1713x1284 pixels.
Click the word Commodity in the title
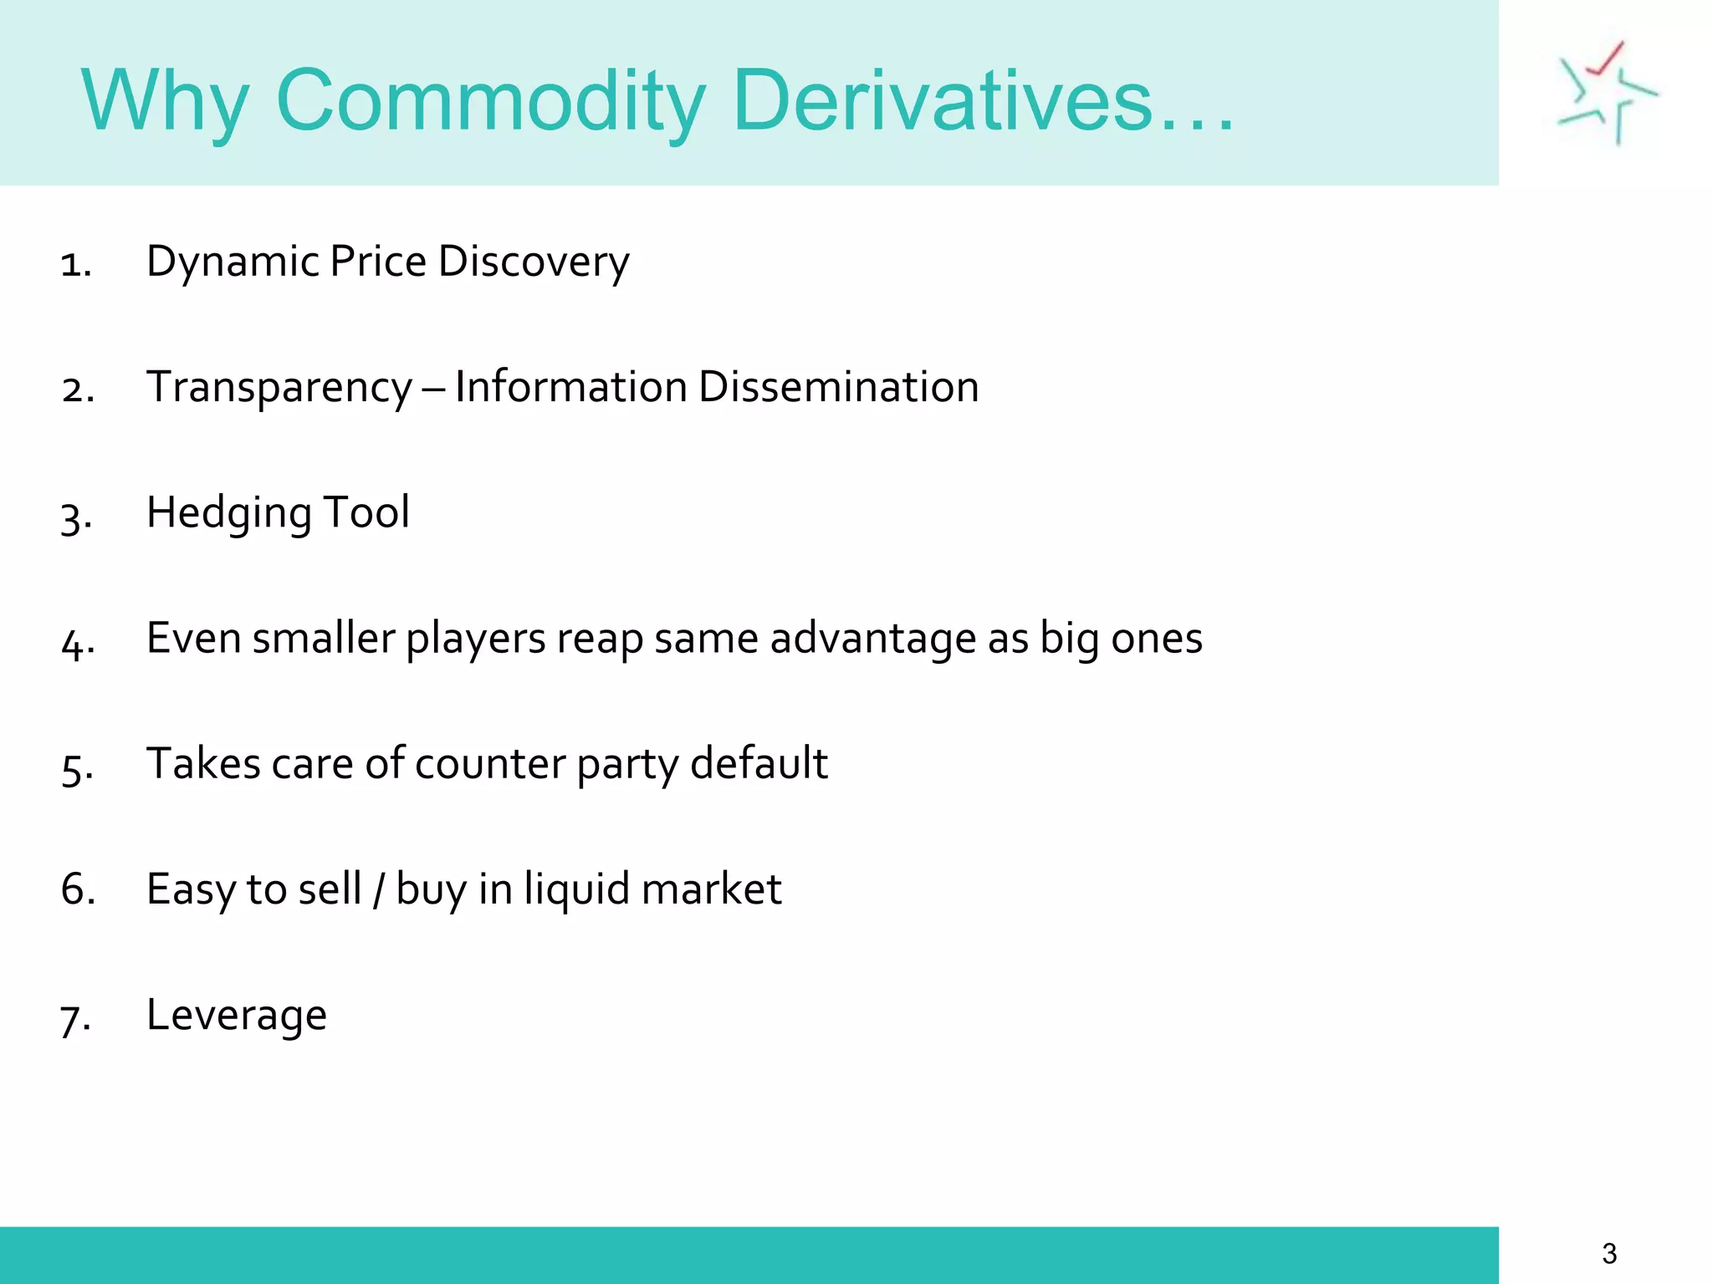[x=491, y=101]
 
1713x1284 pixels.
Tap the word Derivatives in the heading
[x=942, y=101]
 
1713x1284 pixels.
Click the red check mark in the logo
[x=1607, y=59]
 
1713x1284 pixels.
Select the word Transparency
[x=279, y=387]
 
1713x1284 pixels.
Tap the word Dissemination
[x=838, y=387]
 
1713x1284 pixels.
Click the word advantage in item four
[x=873, y=639]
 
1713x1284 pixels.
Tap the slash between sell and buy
[x=379, y=889]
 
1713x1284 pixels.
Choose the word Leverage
[x=237, y=1016]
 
